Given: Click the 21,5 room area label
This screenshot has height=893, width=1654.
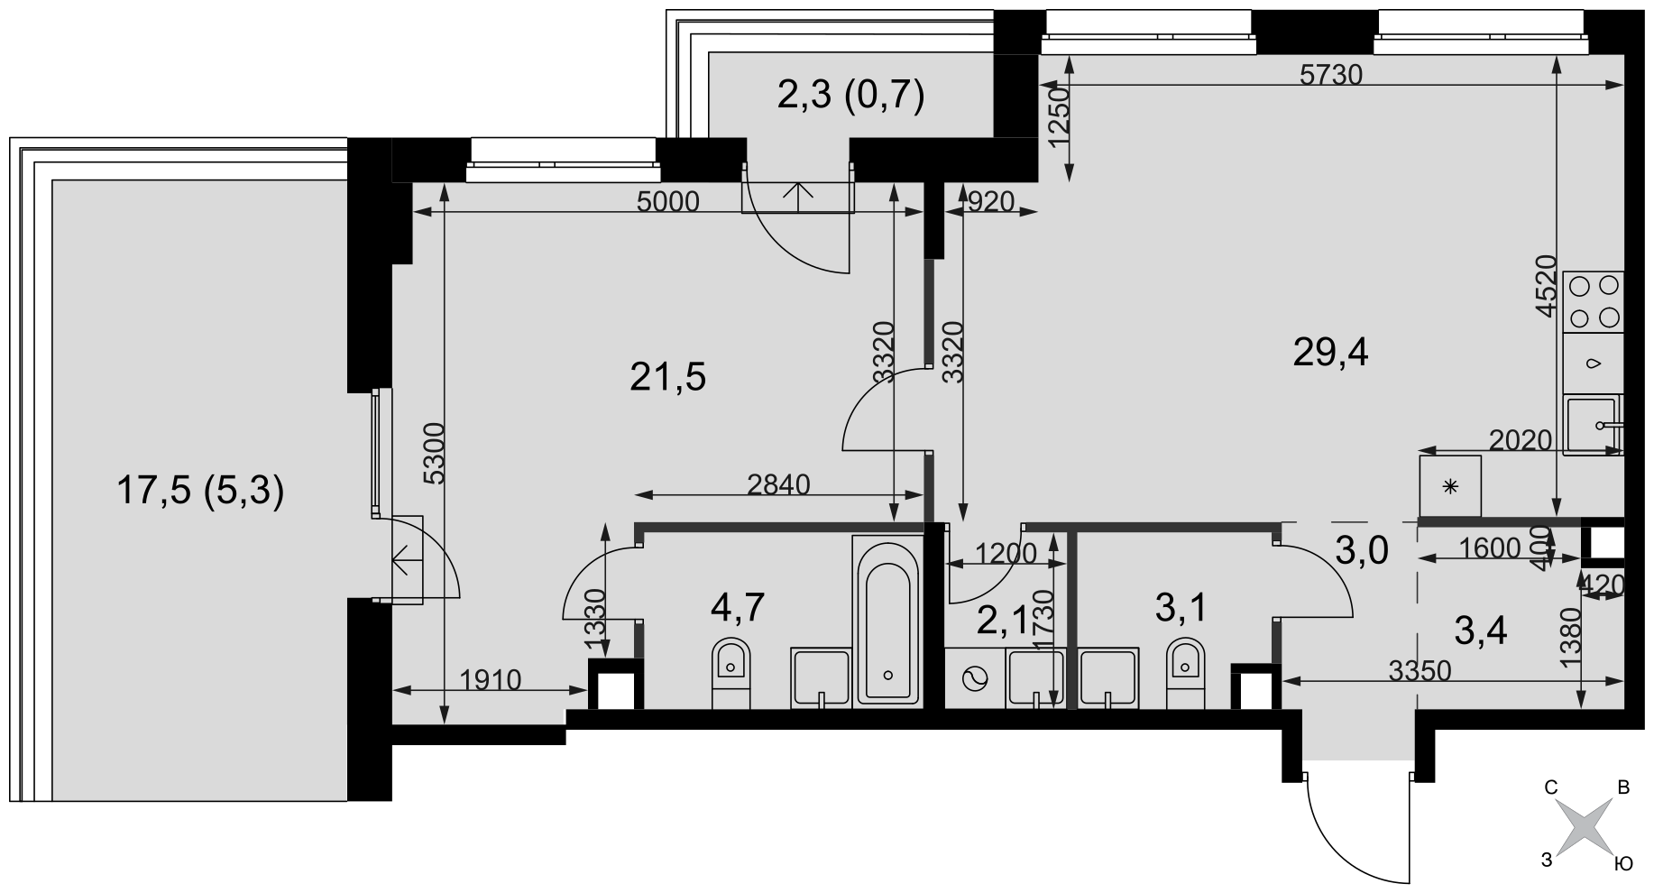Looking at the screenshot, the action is tap(667, 378).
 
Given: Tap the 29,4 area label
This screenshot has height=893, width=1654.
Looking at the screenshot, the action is tap(1330, 353).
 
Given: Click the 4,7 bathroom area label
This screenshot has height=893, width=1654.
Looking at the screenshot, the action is tap(738, 607).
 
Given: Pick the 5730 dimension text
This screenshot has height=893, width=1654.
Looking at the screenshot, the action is tap(1331, 75).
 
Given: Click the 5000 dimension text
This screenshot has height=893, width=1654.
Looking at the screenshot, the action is tap(668, 201).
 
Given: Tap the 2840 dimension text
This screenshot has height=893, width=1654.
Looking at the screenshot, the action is tap(779, 484).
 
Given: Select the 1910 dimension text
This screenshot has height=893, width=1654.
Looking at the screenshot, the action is tap(490, 679).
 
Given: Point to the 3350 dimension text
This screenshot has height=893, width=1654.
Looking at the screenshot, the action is tap(1420, 670).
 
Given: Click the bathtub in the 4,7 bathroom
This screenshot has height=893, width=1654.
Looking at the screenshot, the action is tap(888, 620).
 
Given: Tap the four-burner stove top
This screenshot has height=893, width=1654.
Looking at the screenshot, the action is tap(1594, 302).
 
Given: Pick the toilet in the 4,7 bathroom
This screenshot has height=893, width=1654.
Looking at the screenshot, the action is tap(731, 673).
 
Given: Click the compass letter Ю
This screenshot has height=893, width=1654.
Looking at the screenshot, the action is tap(1622, 865).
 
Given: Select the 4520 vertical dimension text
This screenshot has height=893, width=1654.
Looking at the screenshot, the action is tap(1548, 285).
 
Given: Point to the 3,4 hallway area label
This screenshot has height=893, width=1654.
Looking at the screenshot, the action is tap(1481, 631).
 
